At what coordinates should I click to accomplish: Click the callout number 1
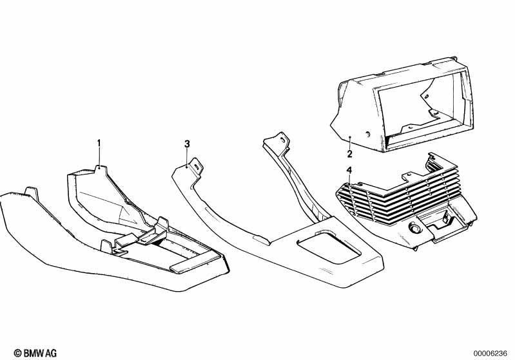pos(99,143)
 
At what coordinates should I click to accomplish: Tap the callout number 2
pos(349,153)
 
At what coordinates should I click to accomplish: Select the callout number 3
pos(187,144)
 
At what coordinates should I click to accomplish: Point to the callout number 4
pos(349,170)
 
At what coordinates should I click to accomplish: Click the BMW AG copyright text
pos(35,353)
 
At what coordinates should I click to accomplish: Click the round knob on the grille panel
pos(413,227)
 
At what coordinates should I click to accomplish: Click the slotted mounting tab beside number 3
pos(197,166)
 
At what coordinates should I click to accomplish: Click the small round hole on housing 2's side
pos(367,133)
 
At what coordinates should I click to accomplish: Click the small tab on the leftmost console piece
pos(32,192)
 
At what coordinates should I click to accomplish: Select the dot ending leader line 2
pos(351,137)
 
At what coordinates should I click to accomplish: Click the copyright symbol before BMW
pos(18,353)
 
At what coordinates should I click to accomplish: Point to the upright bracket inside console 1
pos(161,228)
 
